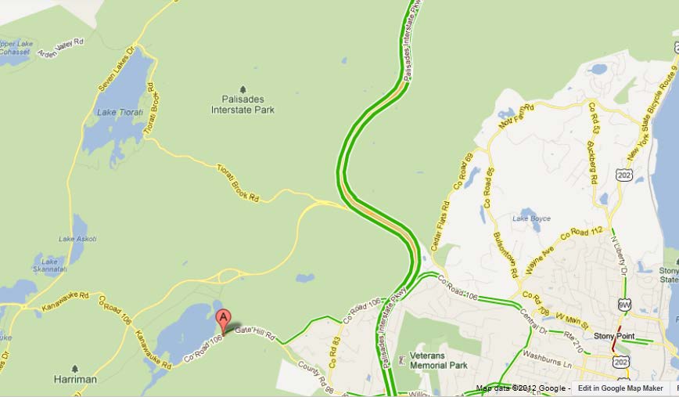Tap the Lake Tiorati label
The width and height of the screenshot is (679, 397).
tap(119, 112)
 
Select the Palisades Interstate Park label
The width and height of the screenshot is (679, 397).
tap(242, 105)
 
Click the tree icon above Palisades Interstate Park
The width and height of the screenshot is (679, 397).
tap(242, 88)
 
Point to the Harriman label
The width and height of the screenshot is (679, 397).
tap(75, 380)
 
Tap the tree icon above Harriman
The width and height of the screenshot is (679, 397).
tap(75, 367)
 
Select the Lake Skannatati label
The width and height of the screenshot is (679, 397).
tap(50, 265)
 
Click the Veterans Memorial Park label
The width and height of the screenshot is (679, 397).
tap(438, 360)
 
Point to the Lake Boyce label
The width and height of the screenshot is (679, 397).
tap(531, 218)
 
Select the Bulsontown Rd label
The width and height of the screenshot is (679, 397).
tap(505, 253)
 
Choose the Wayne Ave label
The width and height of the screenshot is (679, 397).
tap(534, 259)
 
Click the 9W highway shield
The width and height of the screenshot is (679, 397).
tap(623, 304)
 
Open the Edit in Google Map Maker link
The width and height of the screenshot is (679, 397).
tap(620, 388)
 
